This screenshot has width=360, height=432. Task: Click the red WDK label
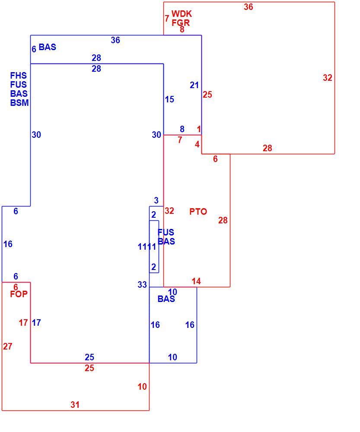[182, 14]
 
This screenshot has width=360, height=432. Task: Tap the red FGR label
[181, 22]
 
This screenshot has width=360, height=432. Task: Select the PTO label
[198, 212]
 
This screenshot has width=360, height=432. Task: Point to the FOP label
[19, 294]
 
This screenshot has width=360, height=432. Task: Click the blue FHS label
[19, 76]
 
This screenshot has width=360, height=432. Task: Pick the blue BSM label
[19, 103]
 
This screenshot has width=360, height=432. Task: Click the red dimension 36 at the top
[248, 7]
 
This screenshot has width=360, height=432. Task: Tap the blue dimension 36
[115, 40]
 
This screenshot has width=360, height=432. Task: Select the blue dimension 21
[194, 85]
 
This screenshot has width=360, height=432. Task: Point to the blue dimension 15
[169, 99]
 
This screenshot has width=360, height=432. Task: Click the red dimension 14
[196, 281]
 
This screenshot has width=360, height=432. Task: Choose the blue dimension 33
[142, 285]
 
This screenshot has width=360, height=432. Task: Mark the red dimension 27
[8, 346]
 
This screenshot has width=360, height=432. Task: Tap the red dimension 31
[75, 405]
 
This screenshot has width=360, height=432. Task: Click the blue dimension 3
[156, 200]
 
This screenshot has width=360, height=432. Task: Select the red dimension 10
[142, 387]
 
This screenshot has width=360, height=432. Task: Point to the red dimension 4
[197, 144]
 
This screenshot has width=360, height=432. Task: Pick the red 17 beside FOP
[23, 323]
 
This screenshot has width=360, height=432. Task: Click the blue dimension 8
[182, 129]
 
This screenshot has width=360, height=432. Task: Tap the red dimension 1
[199, 129]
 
